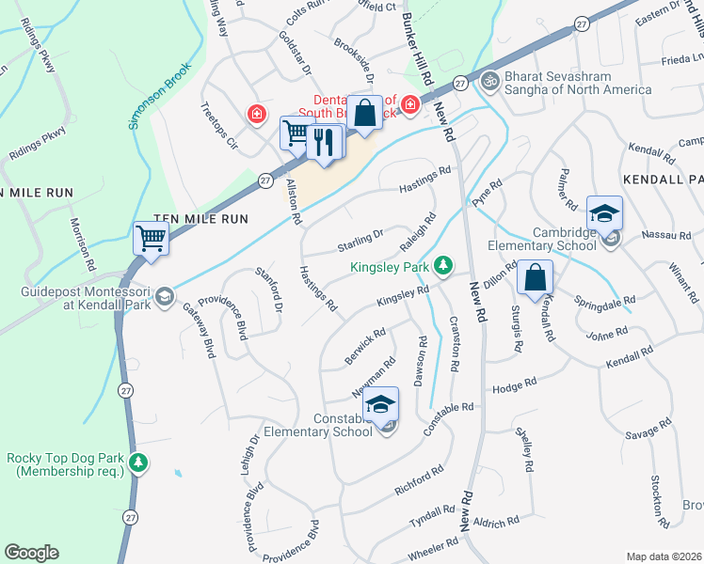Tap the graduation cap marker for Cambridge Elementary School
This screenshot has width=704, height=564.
click(604, 213)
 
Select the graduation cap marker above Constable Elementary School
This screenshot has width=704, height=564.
click(381, 404)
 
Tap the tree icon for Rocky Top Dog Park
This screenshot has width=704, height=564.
click(138, 462)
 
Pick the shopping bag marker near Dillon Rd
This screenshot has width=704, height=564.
click(534, 277)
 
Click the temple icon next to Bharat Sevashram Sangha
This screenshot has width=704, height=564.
click(488, 81)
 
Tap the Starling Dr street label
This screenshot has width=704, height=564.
click(360, 242)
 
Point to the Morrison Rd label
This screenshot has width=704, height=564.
click(80, 244)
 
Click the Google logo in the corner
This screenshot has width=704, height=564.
click(31, 552)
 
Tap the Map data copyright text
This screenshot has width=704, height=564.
click(664, 556)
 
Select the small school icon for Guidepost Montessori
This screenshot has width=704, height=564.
click(165, 298)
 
